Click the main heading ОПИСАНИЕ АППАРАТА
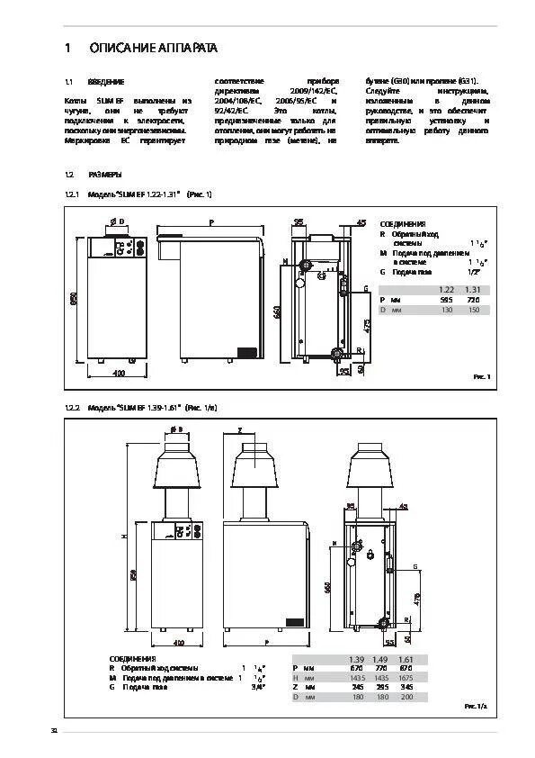click(152, 47)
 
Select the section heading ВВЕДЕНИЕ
click(106, 81)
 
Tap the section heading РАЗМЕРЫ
click(104, 175)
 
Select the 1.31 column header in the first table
click(473, 289)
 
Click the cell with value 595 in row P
click(446, 299)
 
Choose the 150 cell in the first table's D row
click(473, 309)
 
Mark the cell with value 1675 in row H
click(406, 677)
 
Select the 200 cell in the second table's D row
click(406, 697)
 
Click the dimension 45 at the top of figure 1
click(361, 221)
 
